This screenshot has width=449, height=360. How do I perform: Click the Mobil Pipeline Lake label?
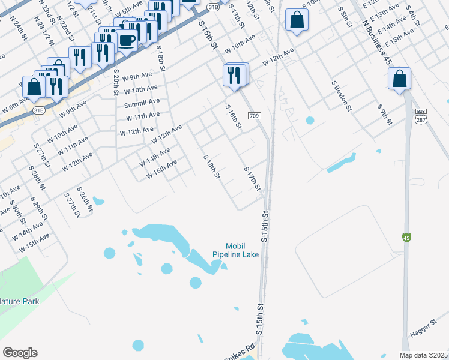[236, 250]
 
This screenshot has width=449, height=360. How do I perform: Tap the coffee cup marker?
[127, 41]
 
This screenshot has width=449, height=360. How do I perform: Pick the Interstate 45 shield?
[406, 238]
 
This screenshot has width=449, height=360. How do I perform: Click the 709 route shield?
[254, 115]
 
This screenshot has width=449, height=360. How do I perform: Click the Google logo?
[20, 353]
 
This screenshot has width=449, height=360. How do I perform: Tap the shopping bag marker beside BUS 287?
[400, 79]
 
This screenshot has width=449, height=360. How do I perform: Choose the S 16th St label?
[233, 117]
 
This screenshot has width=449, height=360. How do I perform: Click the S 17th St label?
[253, 179]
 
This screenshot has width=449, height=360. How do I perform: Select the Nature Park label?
[20, 301]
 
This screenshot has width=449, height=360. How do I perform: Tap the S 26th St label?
[85, 200]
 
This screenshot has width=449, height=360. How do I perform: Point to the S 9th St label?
[384, 115]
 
